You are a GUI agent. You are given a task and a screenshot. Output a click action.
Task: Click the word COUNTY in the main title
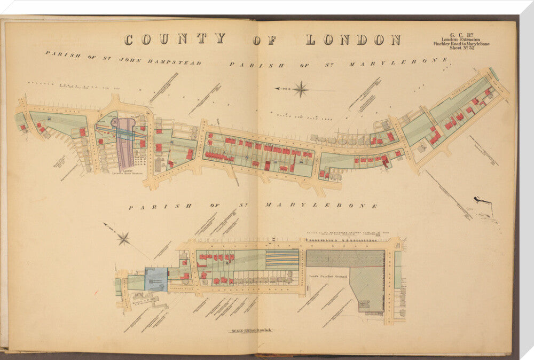point(175,39)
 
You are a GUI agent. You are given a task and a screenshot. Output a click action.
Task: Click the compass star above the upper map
point(301,89)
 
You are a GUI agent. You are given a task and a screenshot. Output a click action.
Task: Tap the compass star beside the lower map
point(124,238)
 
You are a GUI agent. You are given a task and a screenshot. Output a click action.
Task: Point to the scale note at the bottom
point(250,331)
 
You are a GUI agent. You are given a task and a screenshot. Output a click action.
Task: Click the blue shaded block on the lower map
point(156,279)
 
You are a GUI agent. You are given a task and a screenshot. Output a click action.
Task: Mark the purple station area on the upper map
point(125,142)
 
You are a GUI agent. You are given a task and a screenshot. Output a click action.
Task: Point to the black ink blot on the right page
point(482,200)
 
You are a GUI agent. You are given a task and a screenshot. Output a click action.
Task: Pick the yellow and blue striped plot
point(282,258)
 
